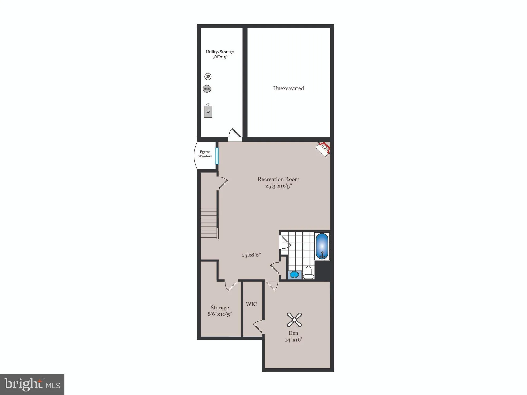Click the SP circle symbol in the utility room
tap(208, 77)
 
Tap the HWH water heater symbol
tap(207, 89)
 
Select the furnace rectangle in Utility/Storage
tap(208, 112)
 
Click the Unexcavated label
tap(288, 88)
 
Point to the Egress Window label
tap(205, 154)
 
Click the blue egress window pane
tap(217, 156)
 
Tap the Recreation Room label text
tap(278, 179)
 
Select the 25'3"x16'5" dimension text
tap(278, 186)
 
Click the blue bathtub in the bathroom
tap(322, 246)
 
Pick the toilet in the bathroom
tap(309, 273)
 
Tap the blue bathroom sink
tap(295, 275)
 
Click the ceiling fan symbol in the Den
tap(294, 319)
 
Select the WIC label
tap(251, 304)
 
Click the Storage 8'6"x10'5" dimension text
tap(219, 314)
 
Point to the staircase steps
tap(208, 223)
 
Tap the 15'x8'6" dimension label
tap(251, 255)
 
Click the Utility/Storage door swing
tap(235, 134)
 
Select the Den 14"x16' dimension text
tap(293, 340)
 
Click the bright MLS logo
tap(32, 384)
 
